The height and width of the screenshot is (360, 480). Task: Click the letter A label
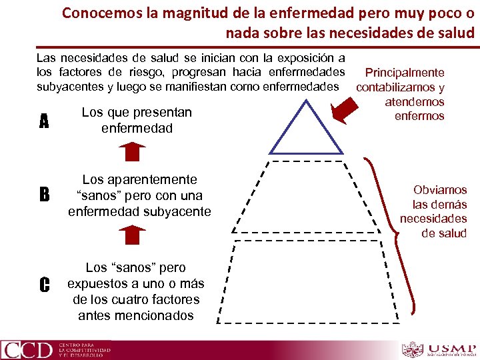pos(44,121)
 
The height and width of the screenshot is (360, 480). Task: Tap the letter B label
pos(44,195)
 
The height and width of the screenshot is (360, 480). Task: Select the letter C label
pos(44,285)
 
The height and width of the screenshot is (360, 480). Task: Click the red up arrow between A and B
pos(135,152)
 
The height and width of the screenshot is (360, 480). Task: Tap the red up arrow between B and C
pos(135,235)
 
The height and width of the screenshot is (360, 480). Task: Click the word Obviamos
pos(440,190)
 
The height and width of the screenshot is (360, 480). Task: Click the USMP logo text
pos(451,348)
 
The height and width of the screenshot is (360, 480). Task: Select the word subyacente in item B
pos(178,212)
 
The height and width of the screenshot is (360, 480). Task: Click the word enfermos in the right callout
pos(419,116)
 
